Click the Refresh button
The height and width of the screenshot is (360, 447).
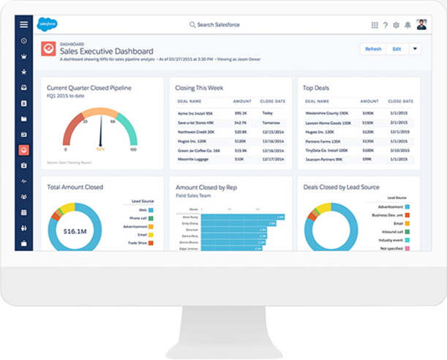click(373, 49)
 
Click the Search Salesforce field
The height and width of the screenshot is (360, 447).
click(217, 25)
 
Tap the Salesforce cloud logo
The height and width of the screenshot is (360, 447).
click(48, 24)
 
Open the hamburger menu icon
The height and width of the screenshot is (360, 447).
click(24, 24)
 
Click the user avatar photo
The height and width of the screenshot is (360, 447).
click(422, 24)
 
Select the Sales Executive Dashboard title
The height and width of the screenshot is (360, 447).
click(106, 51)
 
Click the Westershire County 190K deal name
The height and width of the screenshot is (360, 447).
click(326, 113)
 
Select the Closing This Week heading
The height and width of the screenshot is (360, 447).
click(200, 88)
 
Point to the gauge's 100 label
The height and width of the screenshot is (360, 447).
click(133, 149)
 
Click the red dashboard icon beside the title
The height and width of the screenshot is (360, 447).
click(48, 49)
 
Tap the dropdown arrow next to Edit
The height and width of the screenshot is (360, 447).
click(416, 49)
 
